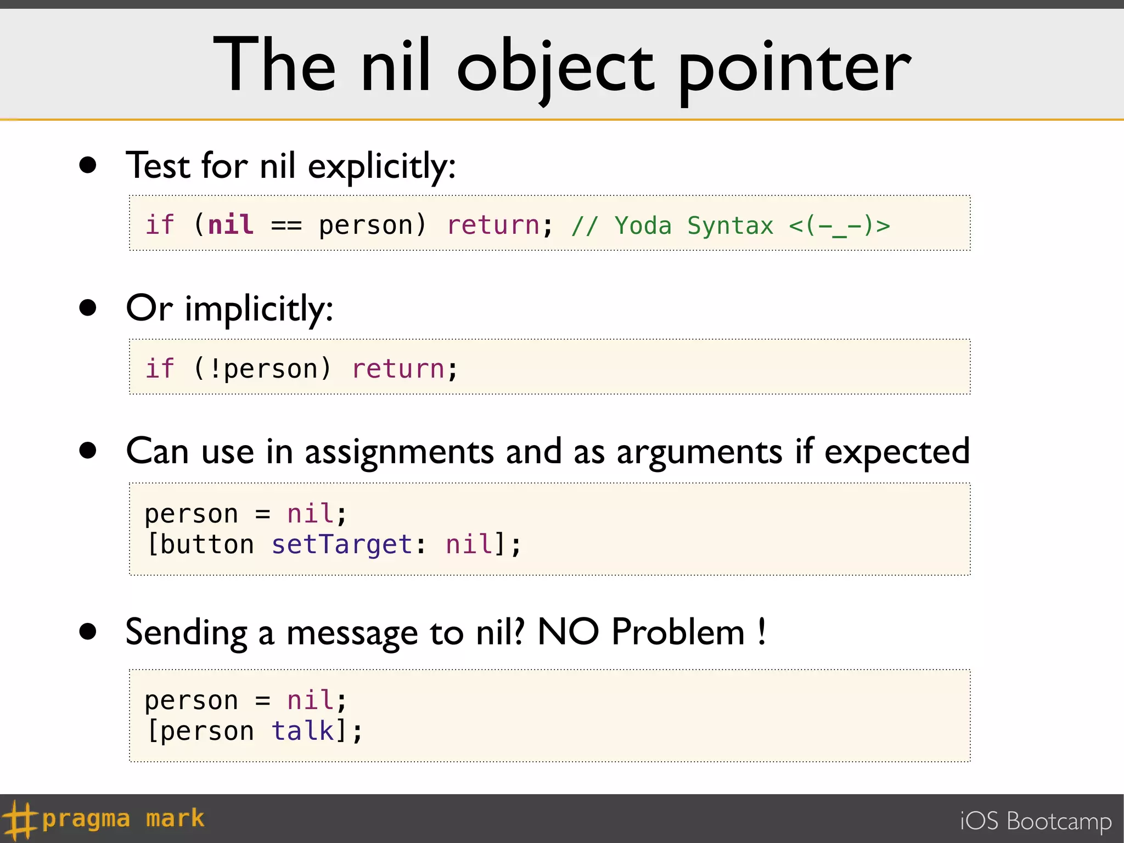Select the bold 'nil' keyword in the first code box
click(x=231, y=224)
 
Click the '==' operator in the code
click(x=286, y=226)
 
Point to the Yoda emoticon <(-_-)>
click(x=839, y=226)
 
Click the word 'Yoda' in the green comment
click(x=643, y=226)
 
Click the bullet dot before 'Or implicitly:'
click(x=88, y=307)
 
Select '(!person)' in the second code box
click(x=262, y=368)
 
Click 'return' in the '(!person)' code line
click(x=398, y=368)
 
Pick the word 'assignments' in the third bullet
click(x=400, y=452)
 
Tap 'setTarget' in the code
click(x=342, y=544)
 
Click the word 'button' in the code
click(x=207, y=544)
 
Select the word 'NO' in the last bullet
click(x=568, y=632)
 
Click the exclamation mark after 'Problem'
click(x=762, y=632)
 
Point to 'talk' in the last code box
click(x=302, y=731)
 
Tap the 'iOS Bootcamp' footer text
click(x=1036, y=821)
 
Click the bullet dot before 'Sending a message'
click(x=88, y=632)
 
